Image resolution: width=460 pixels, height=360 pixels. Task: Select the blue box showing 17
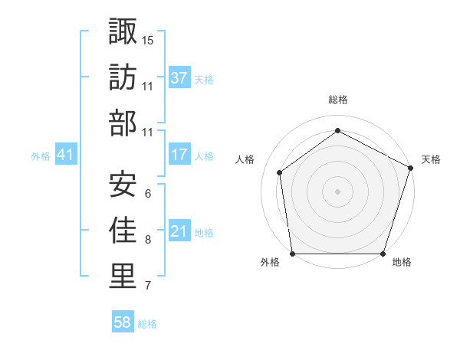click(x=179, y=155)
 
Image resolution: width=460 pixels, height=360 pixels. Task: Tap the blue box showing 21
click(x=179, y=231)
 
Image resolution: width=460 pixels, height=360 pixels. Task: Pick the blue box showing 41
click(x=65, y=155)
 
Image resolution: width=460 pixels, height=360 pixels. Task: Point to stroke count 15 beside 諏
click(x=148, y=40)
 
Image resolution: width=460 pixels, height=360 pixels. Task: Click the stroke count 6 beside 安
click(x=147, y=193)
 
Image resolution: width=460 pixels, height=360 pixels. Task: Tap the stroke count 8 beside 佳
click(x=147, y=240)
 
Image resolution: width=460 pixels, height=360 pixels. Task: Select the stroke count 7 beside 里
click(x=147, y=286)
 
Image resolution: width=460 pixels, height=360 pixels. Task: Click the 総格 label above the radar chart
click(x=338, y=100)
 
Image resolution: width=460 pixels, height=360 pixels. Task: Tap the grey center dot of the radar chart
click(x=338, y=191)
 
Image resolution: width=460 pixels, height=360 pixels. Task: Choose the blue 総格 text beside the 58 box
click(x=147, y=324)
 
